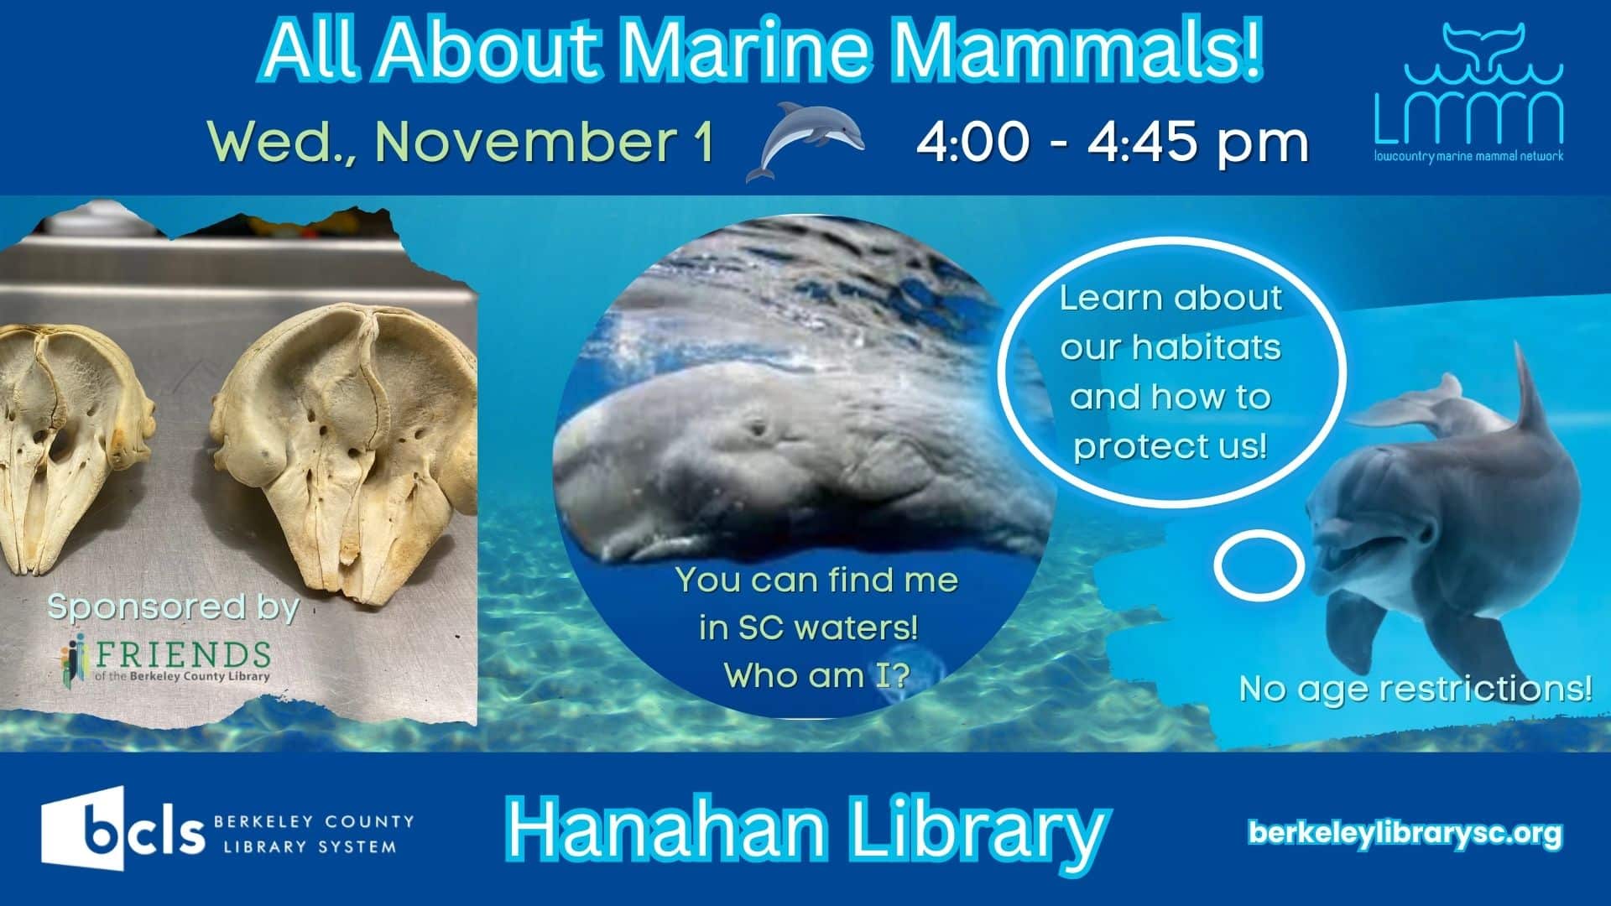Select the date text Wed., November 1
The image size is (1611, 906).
(x=461, y=141)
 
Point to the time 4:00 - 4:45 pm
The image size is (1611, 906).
(x=1112, y=141)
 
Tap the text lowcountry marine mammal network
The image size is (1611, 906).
(x=1468, y=156)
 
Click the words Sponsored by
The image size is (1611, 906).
(x=173, y=607)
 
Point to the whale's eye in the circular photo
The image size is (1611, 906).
(x=760, y=430)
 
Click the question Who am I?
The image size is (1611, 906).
(x=816, y=675)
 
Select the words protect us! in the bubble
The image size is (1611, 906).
(x=1170, y=445)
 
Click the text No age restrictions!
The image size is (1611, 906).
(x=1415, y=689)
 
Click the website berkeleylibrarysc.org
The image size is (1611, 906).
(x=1405, y=833)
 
